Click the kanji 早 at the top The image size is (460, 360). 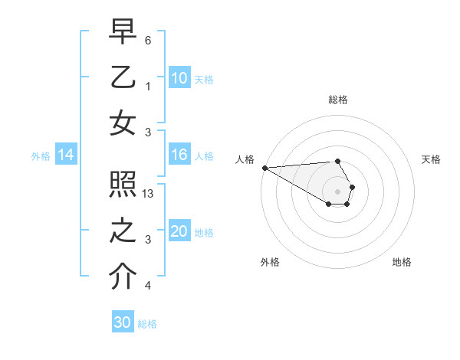[123, 32]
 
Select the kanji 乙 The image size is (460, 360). [123, 77]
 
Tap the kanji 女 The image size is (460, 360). [123, 123]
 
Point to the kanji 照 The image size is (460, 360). [123, 185]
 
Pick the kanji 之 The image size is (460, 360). [123, 231]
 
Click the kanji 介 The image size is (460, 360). [123, 277]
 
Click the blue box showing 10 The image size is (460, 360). [179, 78]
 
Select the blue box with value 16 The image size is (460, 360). [179, 155]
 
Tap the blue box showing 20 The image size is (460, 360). [179, 232]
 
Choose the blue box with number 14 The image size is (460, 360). [66, 155]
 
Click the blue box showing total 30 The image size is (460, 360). [123, 322]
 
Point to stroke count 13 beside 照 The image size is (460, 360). [149, 194]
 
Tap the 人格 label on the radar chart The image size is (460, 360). [245, 159]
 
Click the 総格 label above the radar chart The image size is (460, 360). [338, 100]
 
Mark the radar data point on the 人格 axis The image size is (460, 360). [264, 168]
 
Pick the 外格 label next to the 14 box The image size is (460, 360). [41, 156]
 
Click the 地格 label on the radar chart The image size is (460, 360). [402, 262]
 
